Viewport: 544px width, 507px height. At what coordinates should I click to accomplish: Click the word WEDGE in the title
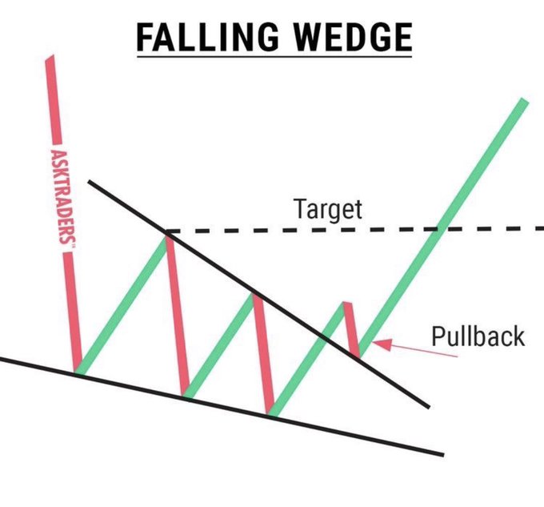pos(348,38)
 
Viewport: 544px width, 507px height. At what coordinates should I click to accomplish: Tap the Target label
pos(328,210)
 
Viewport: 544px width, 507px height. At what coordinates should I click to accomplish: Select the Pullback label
pos(478,336)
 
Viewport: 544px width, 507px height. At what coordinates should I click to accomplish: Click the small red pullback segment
pos(350,328)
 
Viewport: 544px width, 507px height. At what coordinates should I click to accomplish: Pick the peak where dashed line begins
pos(168,233)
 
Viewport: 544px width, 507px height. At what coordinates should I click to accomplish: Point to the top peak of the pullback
pos(346,304)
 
